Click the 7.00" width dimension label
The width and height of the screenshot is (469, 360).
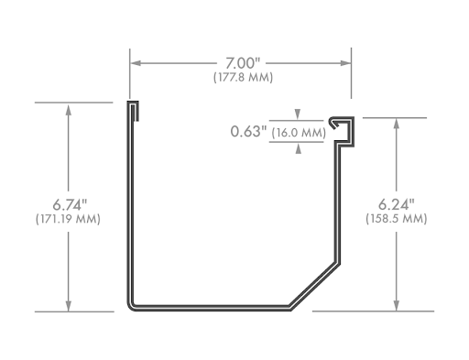click(x=243, y=63)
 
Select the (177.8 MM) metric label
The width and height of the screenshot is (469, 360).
click(x=243, y=77)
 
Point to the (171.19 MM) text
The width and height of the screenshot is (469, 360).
click(x=68, y=219)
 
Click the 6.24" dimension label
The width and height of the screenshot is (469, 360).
click(x=397, y=204)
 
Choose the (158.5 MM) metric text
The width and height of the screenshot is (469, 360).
click(x=397, y=219)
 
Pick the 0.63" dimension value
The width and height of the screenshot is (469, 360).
click(x=248, y=132)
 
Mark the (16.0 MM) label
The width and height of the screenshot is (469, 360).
click(x=299, y=133)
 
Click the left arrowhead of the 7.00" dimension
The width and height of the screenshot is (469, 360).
click(x=136, y=63)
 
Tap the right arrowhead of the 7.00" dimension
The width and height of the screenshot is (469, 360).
click(x=345, y=63)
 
